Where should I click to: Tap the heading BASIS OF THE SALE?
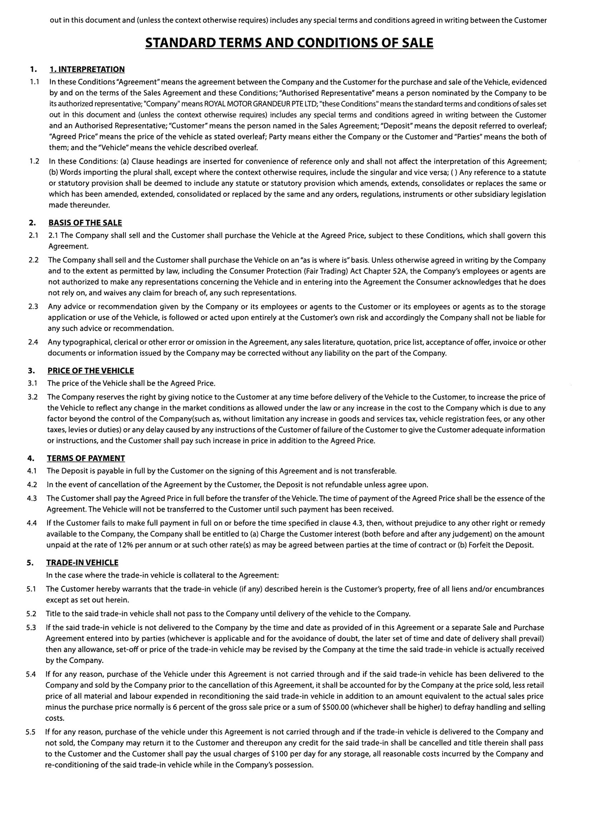pyautogui.click(x=85, y=223)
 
